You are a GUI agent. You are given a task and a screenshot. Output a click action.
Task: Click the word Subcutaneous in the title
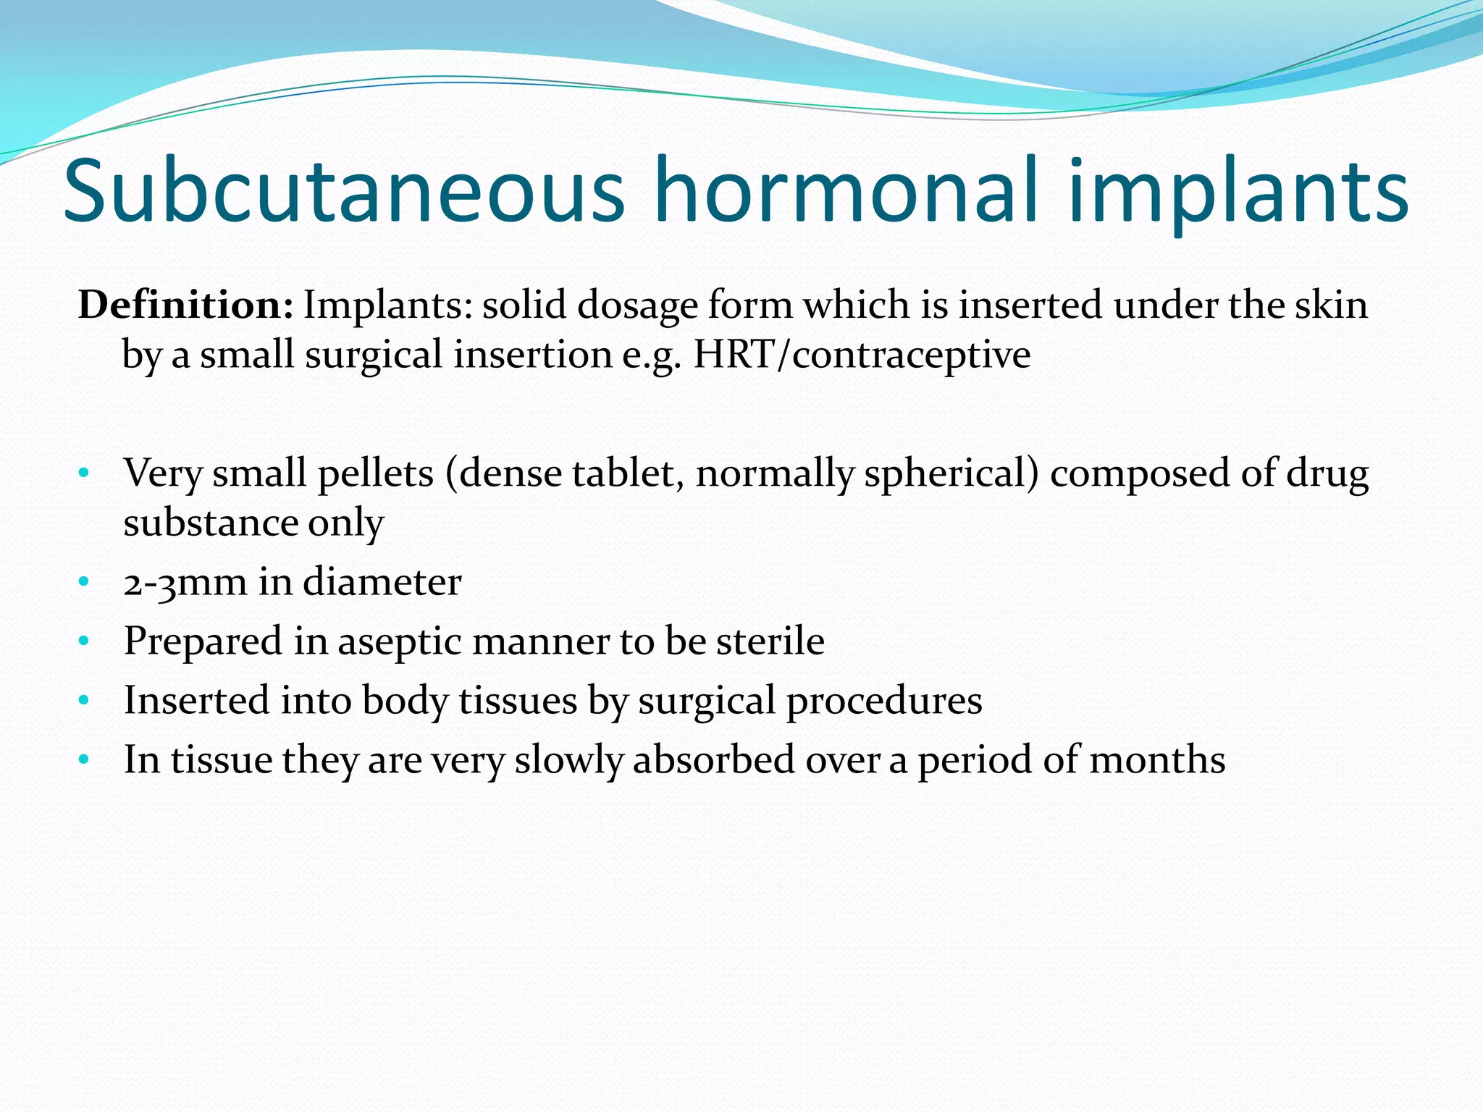[x=344, y=192]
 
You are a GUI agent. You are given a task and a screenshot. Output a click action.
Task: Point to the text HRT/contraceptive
[x=862, y=355]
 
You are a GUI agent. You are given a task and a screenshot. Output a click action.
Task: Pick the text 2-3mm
[x=185, y=582]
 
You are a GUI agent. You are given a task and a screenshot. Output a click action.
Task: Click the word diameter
[x=382, y=582]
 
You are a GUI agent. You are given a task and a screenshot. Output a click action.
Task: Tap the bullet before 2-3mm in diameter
[x=84, y=582]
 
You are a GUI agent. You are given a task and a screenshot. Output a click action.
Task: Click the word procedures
[x=884, y=702]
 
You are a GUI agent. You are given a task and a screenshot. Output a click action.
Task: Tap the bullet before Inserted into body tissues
[x=84, y=701]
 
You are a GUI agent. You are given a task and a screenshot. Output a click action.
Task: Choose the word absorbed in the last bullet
[x=714, y=760]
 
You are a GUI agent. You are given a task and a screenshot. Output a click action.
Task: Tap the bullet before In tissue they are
[x=84, y=760]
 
